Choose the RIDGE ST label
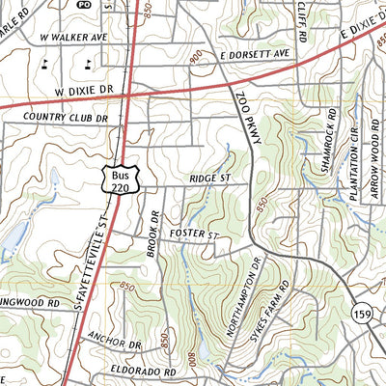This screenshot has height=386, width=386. point(208,179)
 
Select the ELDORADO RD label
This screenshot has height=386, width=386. point(143,371)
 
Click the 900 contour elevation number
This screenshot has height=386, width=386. point(199,60)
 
